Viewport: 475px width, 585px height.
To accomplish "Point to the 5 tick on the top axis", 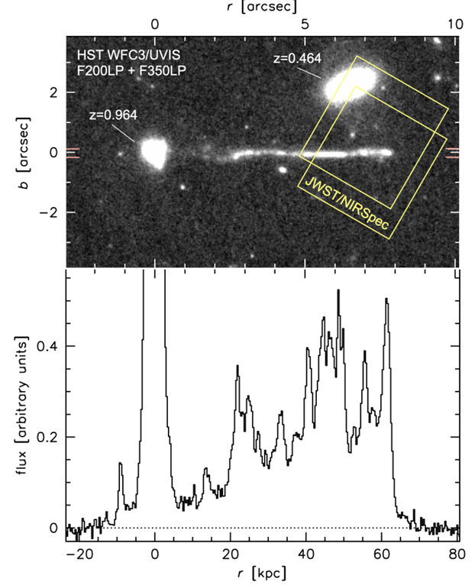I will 305,24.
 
